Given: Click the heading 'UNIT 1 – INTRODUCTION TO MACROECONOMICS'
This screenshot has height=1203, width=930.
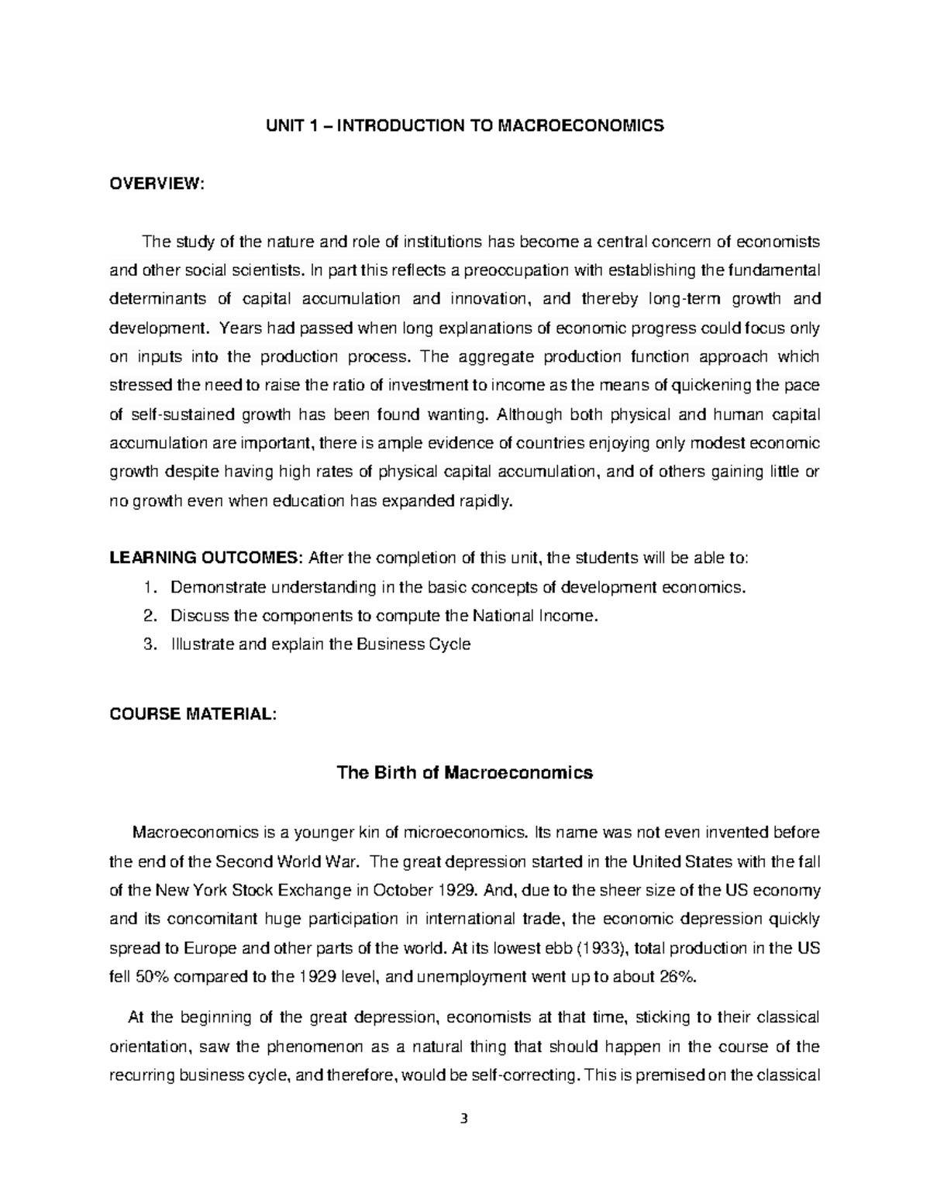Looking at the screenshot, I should click(464, 125).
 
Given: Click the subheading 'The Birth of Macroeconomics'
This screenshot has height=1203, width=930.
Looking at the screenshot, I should click(464, 772).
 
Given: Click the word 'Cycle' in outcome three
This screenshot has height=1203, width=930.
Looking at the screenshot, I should click(450, 644).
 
